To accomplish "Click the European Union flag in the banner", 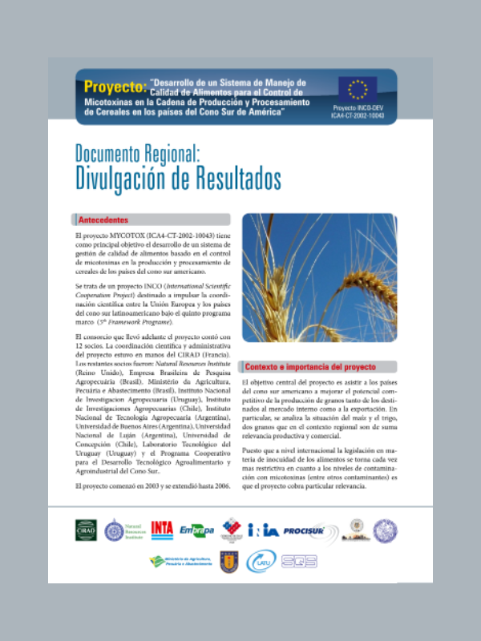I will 358,88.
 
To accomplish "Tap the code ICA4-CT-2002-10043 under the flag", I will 358,115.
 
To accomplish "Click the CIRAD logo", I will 85,529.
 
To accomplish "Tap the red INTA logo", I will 163,530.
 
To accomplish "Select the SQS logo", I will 303,561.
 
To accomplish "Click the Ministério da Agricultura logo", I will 176,561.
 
